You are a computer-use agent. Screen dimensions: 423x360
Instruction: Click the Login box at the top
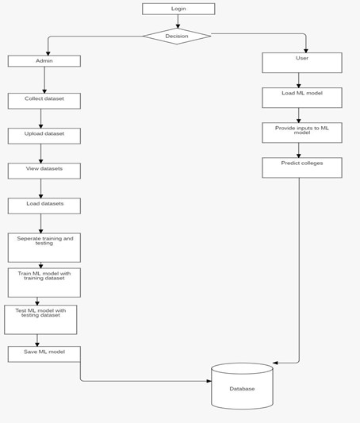click(178, 9)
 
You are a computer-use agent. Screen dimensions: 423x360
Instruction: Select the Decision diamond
click(177, 37)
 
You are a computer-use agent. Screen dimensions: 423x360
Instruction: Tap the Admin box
click(44, 61)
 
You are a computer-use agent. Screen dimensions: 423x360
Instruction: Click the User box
click(301, 63)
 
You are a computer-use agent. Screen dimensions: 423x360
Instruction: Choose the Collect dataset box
click(44, 101)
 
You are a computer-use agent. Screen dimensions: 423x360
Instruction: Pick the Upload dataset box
click(44, 136)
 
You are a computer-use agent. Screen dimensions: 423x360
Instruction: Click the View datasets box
click(44, 171)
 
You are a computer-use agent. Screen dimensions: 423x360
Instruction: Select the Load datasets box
click(44, 206)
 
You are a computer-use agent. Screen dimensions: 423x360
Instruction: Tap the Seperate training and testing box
click(44, 248)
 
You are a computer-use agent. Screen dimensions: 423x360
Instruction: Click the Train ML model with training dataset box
click(44, 283)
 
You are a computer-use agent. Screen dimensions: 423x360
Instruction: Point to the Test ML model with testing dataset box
click(40, 319)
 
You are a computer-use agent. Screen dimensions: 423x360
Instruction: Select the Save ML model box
click(44, 354)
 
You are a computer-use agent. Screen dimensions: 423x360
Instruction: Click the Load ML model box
click(301, 98)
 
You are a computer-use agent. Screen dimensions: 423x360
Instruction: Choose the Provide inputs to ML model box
click(301, 133)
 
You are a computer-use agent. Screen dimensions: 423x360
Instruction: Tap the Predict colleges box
click(301, 167)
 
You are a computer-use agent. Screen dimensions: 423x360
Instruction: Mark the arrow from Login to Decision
click(178, 21)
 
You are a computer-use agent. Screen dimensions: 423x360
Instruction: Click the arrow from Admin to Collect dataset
click(44, 79)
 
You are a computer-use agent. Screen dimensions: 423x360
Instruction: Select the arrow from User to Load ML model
click(299, 80)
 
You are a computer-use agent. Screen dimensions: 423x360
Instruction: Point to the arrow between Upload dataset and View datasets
click(41, 153)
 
